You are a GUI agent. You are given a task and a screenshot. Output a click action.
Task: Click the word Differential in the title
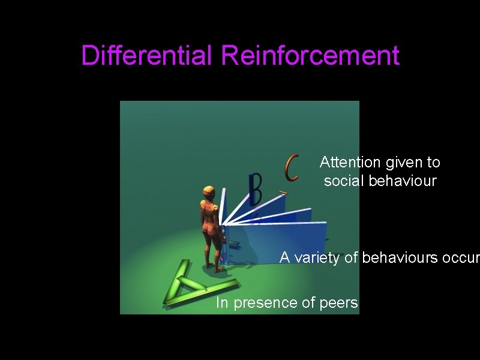tap(148, 56)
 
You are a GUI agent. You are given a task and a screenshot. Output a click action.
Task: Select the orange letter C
tap(292, 168)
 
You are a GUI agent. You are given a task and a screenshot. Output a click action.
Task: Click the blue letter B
tap(256, 189)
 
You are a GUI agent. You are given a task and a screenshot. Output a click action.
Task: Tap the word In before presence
tap(222, 303)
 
